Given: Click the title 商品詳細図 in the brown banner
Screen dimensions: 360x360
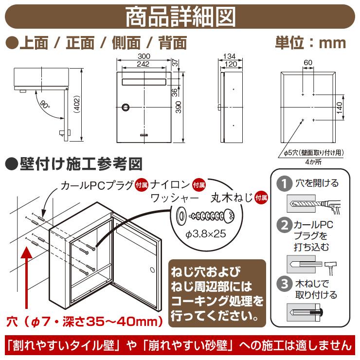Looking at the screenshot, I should click(180, 17).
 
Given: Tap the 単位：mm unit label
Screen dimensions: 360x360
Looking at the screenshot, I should click(310, 43).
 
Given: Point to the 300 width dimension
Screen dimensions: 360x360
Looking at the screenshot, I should click(144, 57).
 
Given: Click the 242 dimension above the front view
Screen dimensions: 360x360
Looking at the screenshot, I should click(144, 64).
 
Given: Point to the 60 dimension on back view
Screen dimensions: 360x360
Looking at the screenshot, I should click(307, 62).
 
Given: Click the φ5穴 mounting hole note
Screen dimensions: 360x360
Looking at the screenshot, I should click(314, 152).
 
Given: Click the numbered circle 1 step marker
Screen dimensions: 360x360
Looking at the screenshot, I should click(282, 184).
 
